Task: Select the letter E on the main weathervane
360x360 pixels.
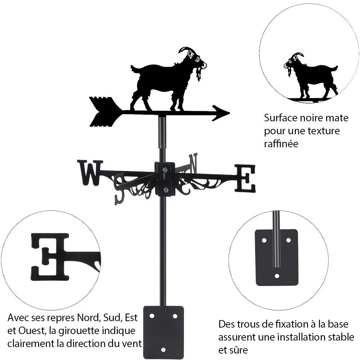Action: click(x=246, y=178)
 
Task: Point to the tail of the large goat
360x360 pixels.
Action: click(x=134, y=68)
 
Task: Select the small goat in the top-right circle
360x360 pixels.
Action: click(x=310, y=76)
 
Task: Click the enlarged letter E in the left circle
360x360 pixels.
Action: click(x=50, y=256)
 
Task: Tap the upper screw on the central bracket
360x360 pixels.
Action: click(x=165, y=170)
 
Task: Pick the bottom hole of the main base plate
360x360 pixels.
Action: click(x=163, y=350)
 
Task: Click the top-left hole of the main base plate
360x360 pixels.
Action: click(x=152, y=316)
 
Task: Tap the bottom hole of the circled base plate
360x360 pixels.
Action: click(x=277, y=276)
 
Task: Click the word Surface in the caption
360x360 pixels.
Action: click(x=280, y=118)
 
